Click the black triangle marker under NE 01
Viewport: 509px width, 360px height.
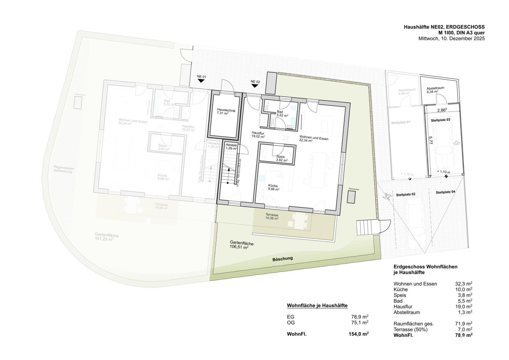[x=201, y=80]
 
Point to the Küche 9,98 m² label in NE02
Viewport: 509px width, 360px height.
[x=273, y=188]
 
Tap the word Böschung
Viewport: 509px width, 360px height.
[x=283, y=259]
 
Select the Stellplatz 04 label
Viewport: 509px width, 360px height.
[x=445, y=192]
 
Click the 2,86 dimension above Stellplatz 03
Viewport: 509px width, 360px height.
[x=441, y=110]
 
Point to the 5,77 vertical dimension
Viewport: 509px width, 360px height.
[x=431, y=140]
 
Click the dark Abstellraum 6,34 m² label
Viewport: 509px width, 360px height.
[x=436, y=91]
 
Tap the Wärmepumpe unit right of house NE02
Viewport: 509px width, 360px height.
[x=351, y=197]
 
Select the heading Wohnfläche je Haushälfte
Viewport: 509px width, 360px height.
[x=317, y=306]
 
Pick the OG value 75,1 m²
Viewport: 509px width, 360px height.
[x=360, y=322]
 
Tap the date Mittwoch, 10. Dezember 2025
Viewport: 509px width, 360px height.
[x=451, y=39]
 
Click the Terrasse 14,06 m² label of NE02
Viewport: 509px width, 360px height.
[x=272, y=216]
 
